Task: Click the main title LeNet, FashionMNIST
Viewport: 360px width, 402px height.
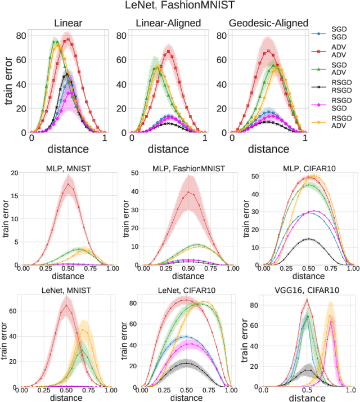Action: click(179, 7)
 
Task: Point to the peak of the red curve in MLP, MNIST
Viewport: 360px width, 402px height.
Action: click(68, 184)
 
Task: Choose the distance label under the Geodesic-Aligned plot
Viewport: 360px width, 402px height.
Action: click(268, 149)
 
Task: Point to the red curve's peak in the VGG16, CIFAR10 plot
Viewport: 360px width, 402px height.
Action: click(307, 300)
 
